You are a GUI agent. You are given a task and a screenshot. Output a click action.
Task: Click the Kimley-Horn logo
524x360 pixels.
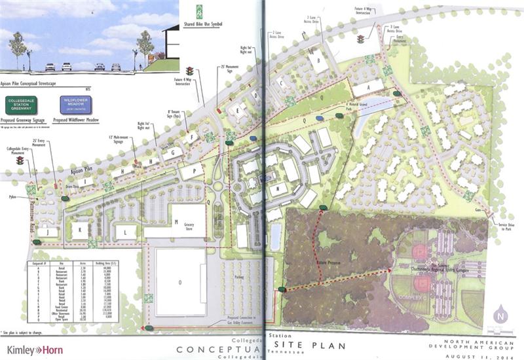[34, 350]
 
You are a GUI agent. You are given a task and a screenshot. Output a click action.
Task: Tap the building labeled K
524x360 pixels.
[80, 230]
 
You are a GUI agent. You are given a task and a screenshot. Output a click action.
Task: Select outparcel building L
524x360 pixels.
[125, 230]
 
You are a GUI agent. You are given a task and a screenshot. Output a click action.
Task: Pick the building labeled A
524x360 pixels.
[368, 88]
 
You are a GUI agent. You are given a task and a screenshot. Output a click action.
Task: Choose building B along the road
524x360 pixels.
[319, 62]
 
